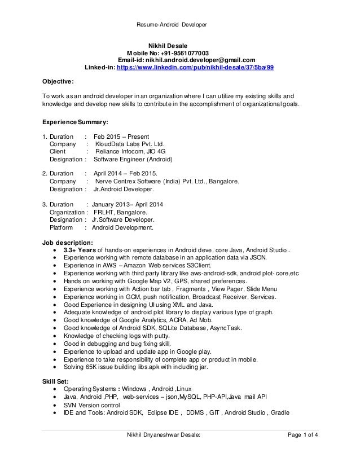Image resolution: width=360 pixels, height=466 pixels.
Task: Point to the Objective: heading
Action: [58, 81]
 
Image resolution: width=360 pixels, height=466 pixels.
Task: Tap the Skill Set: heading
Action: [55, 381]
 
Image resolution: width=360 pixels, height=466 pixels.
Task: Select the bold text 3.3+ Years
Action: [80, 250]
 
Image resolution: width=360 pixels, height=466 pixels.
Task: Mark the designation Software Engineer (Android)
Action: [133, 160]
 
